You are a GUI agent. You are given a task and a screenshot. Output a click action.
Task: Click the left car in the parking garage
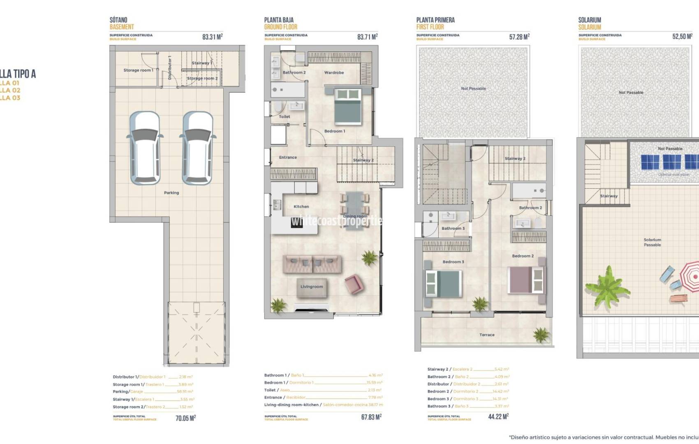pos(145,148)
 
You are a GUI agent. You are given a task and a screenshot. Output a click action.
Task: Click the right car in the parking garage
pos(197,148)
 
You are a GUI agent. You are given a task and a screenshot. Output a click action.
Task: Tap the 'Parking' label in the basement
pos(171,192)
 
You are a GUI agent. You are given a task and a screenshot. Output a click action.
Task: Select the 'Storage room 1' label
pos(138,70)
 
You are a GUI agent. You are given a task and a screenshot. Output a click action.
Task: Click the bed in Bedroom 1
pos(348,106)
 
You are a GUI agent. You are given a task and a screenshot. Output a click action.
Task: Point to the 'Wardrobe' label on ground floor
pos(334,73)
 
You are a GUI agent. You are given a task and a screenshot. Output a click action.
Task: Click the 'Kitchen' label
pos(301,207)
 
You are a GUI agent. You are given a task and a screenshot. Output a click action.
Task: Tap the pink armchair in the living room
pos(354,284)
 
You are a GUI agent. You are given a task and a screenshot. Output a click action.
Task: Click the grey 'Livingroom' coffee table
pos(312,287)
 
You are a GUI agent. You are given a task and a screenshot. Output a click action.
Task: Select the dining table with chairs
pos(354,210)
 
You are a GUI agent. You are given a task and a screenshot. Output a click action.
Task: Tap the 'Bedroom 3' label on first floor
pos(453,262)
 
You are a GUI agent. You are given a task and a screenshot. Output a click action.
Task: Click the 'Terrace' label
pos(487,335)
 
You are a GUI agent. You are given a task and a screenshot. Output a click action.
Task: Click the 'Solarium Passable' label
pos(652,242)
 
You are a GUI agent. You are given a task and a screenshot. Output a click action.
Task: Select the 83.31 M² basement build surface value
pos(212,37)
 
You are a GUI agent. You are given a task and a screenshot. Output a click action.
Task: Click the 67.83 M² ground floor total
pos(371,417)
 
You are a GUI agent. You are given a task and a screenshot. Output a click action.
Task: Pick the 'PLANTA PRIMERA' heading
pos(435,20)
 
